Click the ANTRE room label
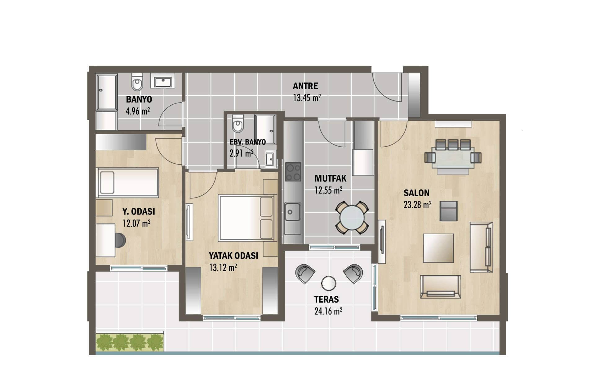[x=305, y=86]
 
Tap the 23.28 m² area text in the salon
[x=417, y=205]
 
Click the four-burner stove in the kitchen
[x=293, y=172]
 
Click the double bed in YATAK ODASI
[x=246, y=218]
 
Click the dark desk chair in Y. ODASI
[x=120, y=240]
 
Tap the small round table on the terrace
[x=329, y=283]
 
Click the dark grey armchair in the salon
[x=449, y=211]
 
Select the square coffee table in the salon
[x=438, y=248]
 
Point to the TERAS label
[x=326, y=299]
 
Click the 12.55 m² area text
[x=328, y=190]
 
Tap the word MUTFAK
[x=331, y=179]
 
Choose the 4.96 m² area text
[x=138, y=111]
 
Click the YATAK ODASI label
[x=233, y=256]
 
